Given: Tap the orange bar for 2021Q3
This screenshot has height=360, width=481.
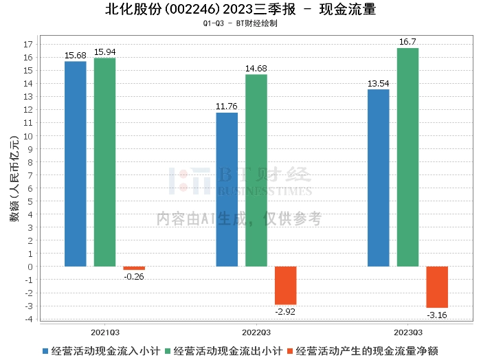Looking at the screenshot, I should [134, 268].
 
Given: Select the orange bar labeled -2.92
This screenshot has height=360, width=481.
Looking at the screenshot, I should [286, 285].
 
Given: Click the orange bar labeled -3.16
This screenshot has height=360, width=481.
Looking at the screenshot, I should [437, 286].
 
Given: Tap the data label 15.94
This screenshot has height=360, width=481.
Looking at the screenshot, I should [104, 52].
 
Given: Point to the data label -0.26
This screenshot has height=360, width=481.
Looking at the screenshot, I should [134, 276].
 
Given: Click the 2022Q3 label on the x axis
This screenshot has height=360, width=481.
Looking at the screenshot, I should [256, 330].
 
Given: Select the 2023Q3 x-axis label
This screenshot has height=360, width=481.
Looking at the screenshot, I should [407, 330].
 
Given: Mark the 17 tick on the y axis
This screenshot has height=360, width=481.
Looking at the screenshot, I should [28, 45].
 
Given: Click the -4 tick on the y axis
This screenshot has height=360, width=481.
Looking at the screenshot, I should [28, 318].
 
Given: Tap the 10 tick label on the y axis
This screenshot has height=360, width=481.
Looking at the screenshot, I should [28, 136].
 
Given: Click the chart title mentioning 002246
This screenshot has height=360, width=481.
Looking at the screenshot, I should [240, 10].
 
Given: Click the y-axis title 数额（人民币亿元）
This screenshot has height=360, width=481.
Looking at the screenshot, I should [13, 182].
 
